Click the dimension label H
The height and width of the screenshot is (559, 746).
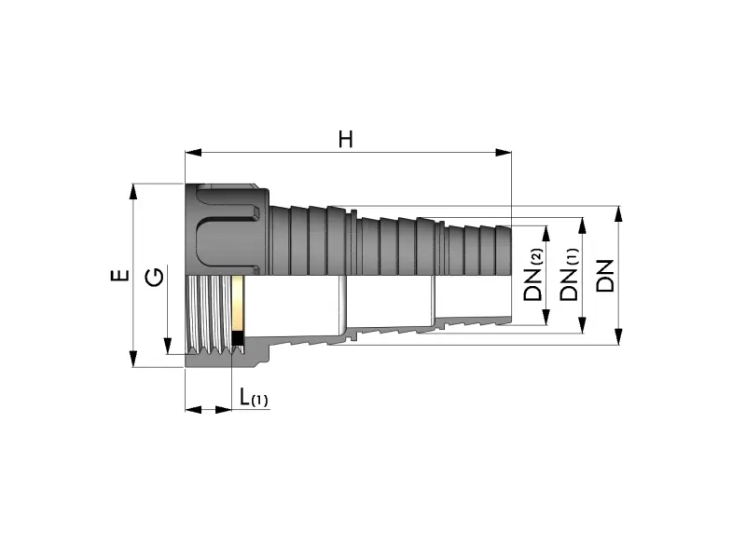[346, 140]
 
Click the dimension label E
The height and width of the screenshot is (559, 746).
[120, 275]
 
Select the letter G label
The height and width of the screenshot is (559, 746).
[155, 277]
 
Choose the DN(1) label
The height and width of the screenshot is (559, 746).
[570, 275]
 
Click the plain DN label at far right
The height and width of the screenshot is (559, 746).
[605, 276]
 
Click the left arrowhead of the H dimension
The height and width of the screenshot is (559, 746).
[193, 153]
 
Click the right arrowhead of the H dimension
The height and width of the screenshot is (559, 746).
[504, 153]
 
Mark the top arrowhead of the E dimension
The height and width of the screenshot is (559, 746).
[133, 192]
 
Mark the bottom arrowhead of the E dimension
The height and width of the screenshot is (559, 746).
[133, 359]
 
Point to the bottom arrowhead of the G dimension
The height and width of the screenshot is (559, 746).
[168, 346]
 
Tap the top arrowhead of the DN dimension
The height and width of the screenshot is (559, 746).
[618, 214]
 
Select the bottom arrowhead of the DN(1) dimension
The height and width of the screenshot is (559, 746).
[581, 325]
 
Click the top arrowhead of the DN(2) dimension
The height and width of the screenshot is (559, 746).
[546, 234]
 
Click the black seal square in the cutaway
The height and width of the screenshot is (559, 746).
[237, 339]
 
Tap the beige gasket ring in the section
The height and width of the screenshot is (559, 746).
[238, 304]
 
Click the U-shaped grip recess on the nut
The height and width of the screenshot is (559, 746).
[228, 226]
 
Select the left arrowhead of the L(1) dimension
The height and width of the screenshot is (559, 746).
[193, 409]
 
